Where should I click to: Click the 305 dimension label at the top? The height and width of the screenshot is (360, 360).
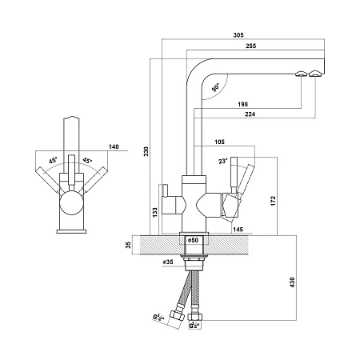(x=238, y=35)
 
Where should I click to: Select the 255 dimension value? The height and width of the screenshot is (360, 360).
(x=250, y=46)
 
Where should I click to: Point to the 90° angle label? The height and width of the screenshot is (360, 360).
(x=216, y=87)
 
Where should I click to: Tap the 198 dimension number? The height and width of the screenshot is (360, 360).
(x=242, y=104)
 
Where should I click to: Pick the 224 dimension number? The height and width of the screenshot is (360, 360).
(x=250, y=114)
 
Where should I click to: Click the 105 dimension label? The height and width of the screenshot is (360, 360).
(x=219, y=142)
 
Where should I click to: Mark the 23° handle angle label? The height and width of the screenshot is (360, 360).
(x=223, y=161)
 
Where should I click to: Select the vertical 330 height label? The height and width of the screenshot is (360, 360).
(x=146, y=151)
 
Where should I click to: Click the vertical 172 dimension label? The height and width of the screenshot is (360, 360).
(x=273, y=201)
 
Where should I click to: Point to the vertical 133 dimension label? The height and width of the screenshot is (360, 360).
(x=155, y=212)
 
